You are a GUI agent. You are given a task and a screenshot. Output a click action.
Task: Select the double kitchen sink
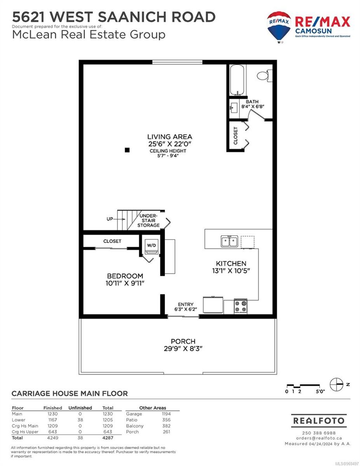tap(229, 241)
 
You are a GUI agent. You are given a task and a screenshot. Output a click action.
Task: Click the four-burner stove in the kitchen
tap(241, 306)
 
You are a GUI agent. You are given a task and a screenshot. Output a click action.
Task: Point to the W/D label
tap(152, 245)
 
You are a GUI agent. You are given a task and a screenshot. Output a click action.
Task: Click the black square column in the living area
tap(127, 150)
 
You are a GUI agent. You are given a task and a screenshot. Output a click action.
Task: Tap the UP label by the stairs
tap(110, 219)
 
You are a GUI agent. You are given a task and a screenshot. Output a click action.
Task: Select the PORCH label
tap(183, 341)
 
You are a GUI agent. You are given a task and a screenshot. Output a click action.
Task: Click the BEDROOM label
tap(125, 276)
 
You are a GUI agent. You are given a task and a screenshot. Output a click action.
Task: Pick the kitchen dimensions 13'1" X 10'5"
tap(231, 271)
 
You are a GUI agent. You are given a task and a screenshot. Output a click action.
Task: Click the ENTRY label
tap(186, 304)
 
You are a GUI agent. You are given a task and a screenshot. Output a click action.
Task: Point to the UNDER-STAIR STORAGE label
tap(148, 220)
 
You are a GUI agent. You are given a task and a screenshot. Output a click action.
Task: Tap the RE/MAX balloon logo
tap(279, 26)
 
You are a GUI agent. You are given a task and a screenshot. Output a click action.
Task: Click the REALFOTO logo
tap(319, 421)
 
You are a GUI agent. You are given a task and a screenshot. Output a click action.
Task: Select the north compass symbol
tap(336, 384)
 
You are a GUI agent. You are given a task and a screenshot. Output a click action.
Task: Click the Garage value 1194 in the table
tap(166, 414)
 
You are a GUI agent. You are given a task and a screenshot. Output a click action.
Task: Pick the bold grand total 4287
tap(108, 438)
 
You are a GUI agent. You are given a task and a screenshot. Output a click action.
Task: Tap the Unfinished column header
tap(80, 408)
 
